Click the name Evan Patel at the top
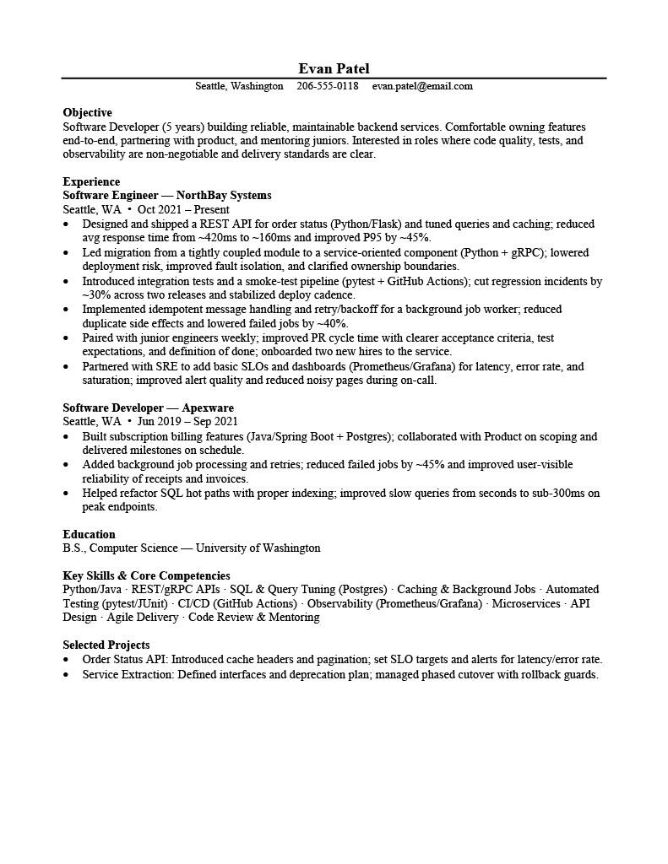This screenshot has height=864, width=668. (334, 68)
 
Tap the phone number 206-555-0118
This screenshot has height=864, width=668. (328, 86)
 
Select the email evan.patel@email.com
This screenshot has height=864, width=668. (422, 86)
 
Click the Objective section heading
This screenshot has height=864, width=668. (87, 112)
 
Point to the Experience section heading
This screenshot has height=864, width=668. (91, 181)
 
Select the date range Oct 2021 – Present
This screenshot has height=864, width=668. (183, 209)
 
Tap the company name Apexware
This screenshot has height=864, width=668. (208, 408)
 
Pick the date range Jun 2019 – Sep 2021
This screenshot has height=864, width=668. (187, 421)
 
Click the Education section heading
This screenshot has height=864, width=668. (89, 534)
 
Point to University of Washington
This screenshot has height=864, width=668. (258, 548)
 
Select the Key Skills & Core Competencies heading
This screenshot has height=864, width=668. (146, 575)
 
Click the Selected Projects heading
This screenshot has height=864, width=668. (106, 645)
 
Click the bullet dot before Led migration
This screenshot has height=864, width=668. (67, 252)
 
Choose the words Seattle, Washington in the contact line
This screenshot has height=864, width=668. (239, 86)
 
